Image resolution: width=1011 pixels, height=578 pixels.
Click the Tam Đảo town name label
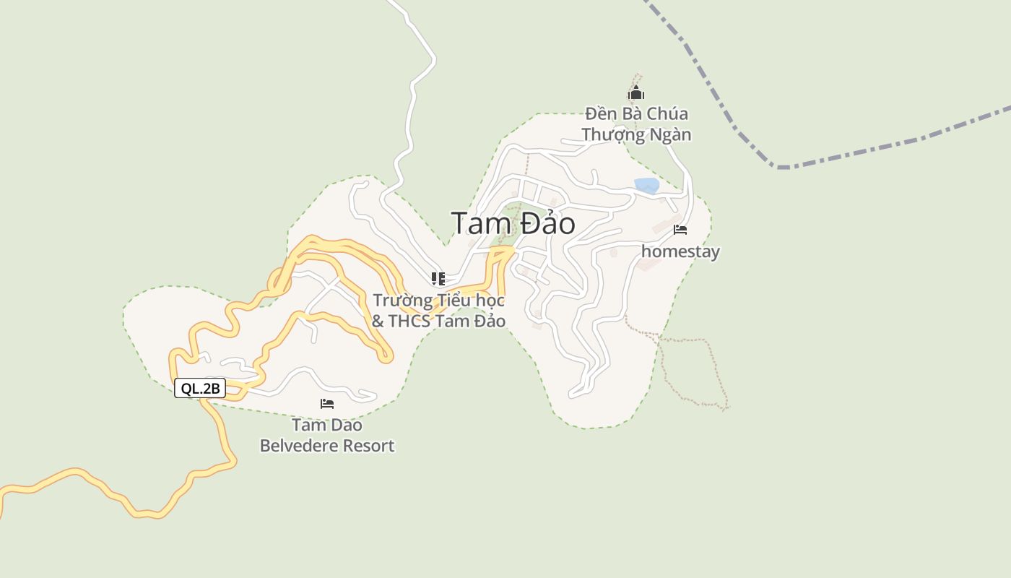(x=513, y=223)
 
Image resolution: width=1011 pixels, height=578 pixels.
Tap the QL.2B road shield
(x=200, y=388)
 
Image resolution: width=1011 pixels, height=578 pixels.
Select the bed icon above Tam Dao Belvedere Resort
(x=327, y=403)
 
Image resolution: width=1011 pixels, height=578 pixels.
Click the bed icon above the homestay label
(x=680, y=230)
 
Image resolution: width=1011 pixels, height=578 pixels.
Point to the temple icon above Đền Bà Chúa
(x=636, y=93)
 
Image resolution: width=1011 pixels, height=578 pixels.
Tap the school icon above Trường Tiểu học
(x=438, y=279)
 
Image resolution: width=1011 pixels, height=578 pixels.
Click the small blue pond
(x=646, y=185)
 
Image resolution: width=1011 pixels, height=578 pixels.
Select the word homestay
(x=680, y=251)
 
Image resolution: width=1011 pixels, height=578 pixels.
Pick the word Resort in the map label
(x=368, y=446)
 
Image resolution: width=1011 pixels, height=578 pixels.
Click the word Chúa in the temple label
(x=667, y=114)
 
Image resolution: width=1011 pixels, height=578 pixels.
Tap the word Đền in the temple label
(x=599, y=114)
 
